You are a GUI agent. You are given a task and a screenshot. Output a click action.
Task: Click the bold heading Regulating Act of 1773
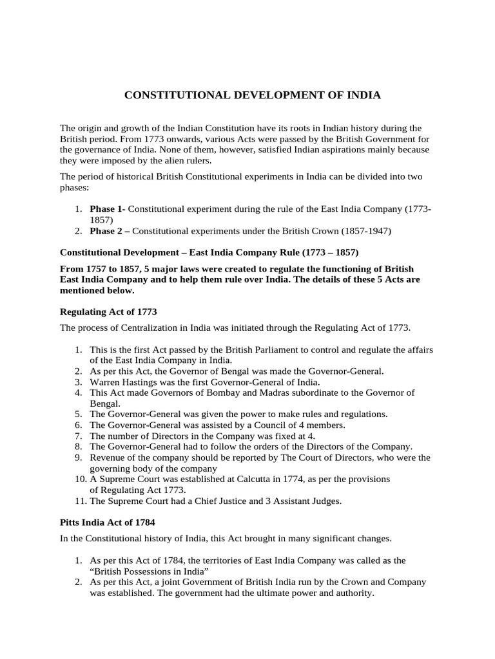pos(108,311)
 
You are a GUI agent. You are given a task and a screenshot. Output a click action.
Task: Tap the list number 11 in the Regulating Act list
pos(80,500)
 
